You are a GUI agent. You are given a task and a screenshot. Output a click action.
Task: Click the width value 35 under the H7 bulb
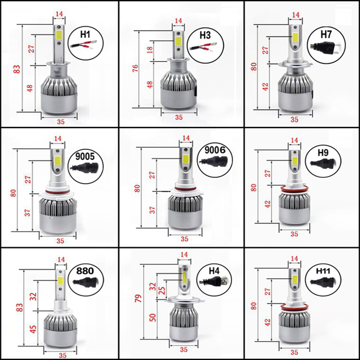295,120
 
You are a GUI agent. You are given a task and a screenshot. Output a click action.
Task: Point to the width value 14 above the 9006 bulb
186,138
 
